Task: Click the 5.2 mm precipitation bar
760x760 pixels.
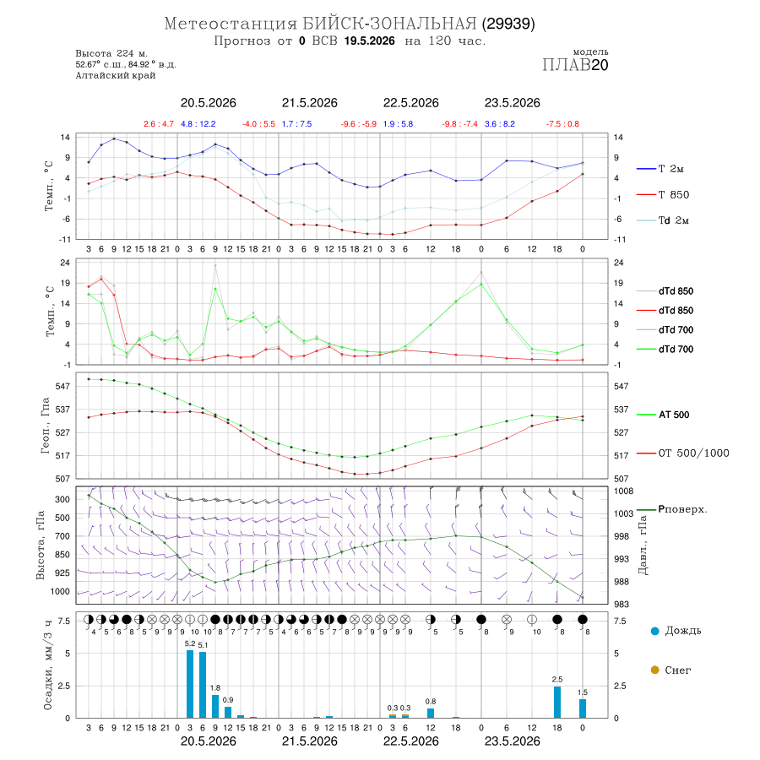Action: (x=190, y=684)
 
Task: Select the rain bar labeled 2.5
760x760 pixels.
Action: (x=557, y=702)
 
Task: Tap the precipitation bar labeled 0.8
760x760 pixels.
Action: (x=431, y=713)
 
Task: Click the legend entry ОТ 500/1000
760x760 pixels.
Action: (x=682, y=453)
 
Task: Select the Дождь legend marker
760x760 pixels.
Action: (x=654, y=631)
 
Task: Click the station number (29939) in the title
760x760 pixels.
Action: (x=508, y=24)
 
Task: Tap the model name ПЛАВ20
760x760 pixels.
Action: (x=575, y=65)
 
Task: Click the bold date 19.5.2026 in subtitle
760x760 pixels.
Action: (x=369, y=41)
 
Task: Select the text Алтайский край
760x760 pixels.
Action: (x=116, y=75)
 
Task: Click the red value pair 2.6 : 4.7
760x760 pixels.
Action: (x=159, y=124)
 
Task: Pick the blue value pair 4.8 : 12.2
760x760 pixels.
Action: (x=198, y=124)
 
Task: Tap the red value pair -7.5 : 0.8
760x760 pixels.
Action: (x=562, y=124)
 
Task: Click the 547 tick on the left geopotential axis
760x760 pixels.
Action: (x=63, y=386)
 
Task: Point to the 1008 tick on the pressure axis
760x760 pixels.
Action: (x=624, y=491)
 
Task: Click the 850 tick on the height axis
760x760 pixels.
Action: (x=62, y=555)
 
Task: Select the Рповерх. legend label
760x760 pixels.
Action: (x=682, y=509)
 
